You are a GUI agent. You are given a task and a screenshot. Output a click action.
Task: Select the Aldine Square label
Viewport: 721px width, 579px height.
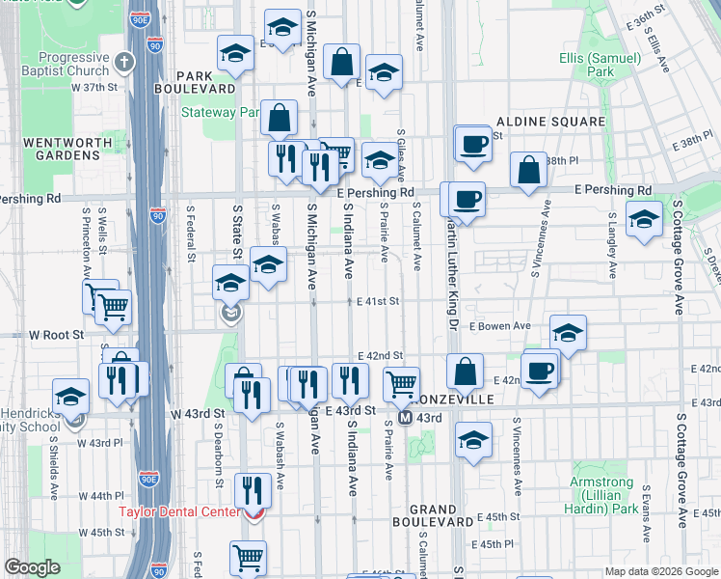(x=550, y=122)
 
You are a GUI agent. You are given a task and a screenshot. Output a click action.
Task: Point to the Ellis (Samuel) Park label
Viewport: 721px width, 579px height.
(x=601, y=65)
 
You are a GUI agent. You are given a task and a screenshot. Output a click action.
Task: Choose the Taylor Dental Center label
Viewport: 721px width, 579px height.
(x=178, y=511)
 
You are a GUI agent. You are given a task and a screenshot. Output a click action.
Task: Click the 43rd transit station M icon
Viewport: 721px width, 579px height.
(x=406, y=418)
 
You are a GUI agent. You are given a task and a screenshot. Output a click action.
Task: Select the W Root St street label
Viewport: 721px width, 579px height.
(x=57, y=335)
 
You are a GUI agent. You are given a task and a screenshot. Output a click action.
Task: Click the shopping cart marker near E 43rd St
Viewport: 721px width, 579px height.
(x=401, y=384)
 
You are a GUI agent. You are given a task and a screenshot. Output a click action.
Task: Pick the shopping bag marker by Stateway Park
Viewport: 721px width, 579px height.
(x=279, y=120)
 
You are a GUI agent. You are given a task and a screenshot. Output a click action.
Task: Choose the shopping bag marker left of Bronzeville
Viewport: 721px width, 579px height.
(x=465, y=372)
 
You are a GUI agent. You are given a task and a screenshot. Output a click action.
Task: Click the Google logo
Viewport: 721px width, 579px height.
(x=33, y=567)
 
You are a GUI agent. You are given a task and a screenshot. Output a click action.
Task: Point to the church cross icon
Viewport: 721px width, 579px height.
(x=123, y=63)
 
